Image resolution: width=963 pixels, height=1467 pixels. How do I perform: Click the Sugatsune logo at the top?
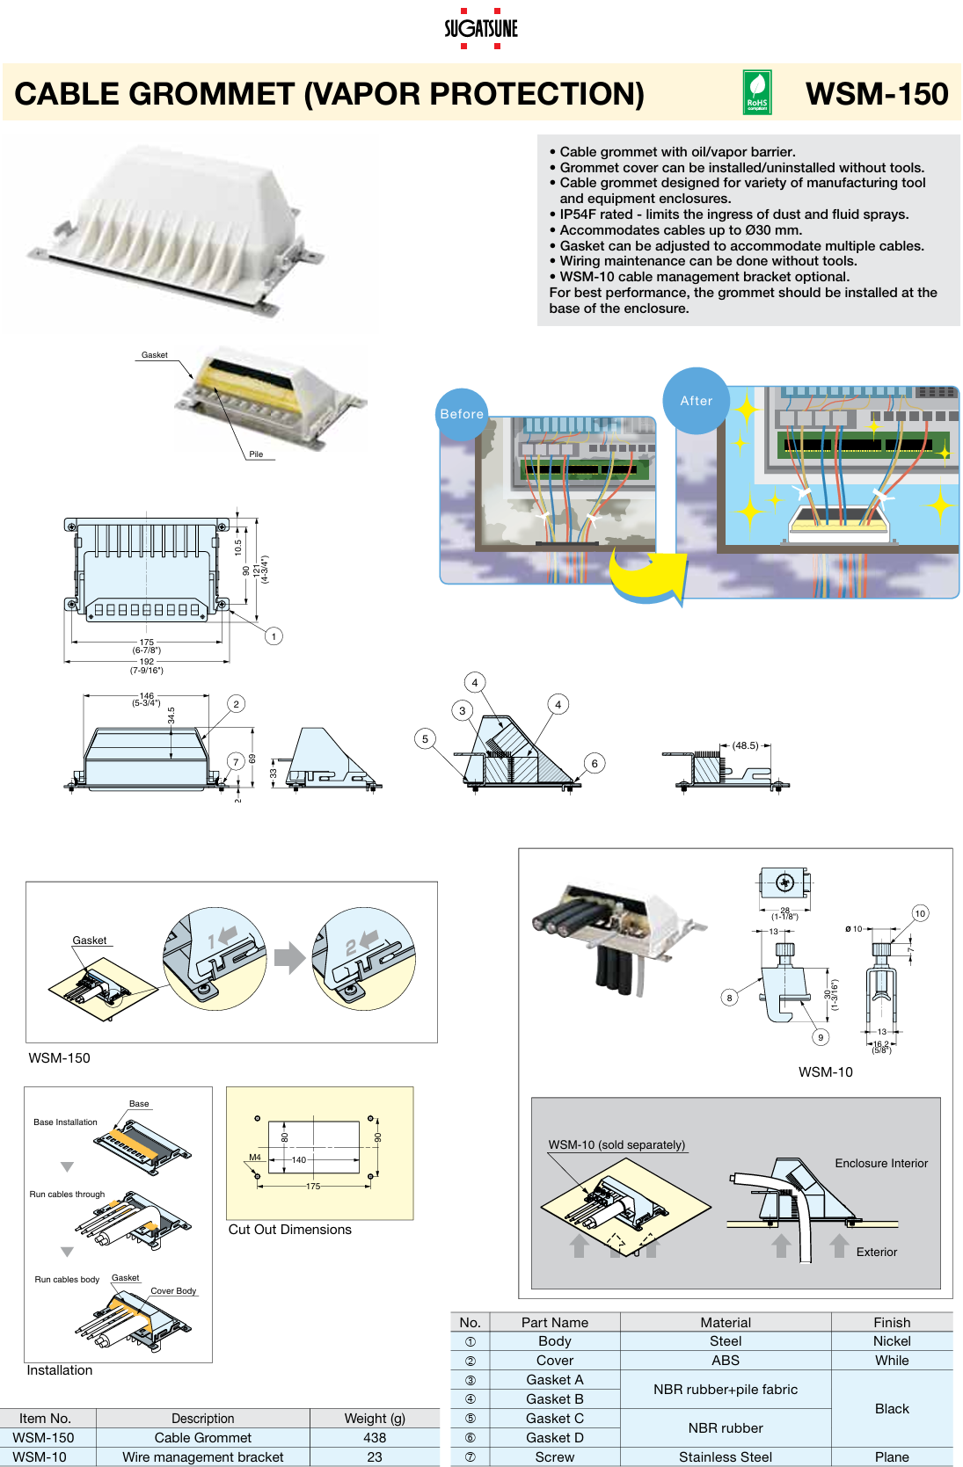[480, 28]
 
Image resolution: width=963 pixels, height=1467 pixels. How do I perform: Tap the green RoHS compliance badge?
[757, 93]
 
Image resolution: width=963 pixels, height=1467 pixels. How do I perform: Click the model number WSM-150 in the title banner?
[876, 94]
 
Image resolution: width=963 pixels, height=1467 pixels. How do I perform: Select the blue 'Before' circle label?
[462, 413]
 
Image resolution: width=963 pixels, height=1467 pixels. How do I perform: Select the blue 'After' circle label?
[696, 401]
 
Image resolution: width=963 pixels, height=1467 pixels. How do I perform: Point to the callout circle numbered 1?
[274, 635]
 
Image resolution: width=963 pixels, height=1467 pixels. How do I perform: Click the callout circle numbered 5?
[425, 738]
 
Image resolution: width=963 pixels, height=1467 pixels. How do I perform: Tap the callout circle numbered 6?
[595, 763]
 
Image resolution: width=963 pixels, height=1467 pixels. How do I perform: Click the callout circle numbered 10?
[920, 913]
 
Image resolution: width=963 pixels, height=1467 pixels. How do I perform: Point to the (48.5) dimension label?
[745, 745]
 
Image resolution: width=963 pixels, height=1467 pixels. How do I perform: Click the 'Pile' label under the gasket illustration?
[256, 454]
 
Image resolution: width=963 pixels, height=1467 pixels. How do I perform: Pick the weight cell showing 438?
[375, 1438]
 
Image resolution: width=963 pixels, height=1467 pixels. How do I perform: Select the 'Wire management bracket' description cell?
[203, 1457]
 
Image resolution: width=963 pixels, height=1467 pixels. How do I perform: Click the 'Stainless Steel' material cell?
[726, 1457]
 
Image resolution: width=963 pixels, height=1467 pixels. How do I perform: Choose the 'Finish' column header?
[892, 1322]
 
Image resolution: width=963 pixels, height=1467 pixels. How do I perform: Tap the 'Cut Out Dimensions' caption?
[289, 1230]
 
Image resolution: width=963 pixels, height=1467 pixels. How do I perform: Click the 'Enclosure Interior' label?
[881, 1163]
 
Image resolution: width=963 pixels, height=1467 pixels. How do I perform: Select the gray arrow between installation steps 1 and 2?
[289, 958]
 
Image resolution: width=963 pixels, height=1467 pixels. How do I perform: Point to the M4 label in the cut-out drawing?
[255, 1157]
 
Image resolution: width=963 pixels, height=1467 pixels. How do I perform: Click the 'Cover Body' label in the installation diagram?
[173, 1291]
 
